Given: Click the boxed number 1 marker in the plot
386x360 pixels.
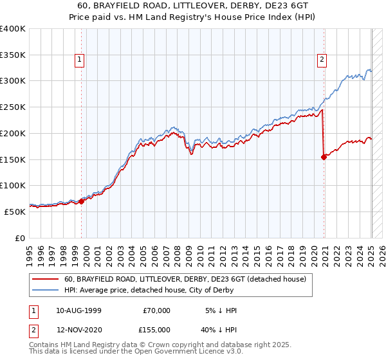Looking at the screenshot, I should tap(79, 60).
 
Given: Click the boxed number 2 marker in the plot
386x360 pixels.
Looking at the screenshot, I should tap(321, 60).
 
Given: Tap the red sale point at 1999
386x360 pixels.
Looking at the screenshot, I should tap(82, 201).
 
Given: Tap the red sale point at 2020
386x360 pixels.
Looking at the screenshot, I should tap(324, 157).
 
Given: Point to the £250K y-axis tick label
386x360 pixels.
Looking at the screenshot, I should tap(13, 107).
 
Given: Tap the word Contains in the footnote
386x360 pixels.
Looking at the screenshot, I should tap(44, 345).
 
